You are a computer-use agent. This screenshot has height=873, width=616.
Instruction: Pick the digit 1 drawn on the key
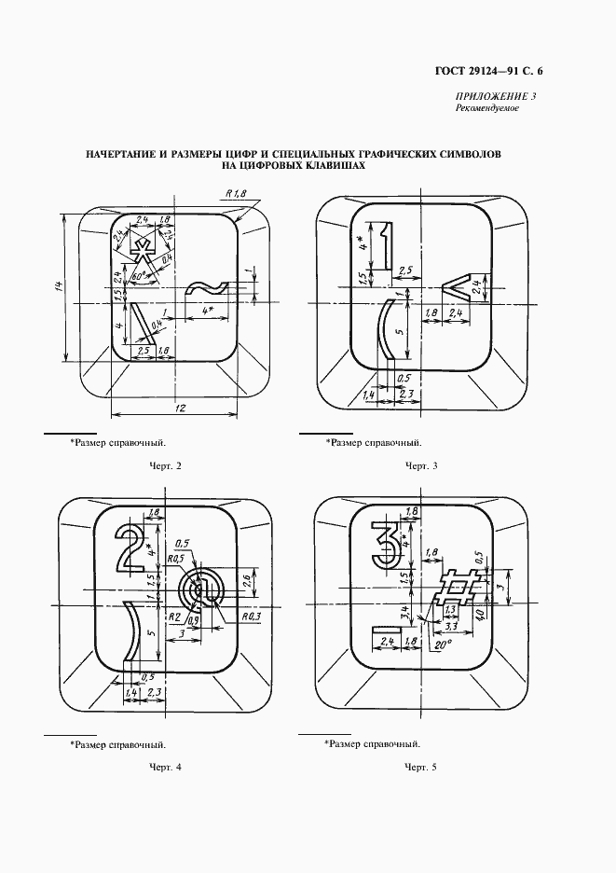379,245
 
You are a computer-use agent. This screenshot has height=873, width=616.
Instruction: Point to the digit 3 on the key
383,547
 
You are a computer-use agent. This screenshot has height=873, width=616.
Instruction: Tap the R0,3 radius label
250,617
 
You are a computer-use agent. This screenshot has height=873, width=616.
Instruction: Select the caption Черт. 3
421,464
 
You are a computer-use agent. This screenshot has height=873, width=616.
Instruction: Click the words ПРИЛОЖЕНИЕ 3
496,96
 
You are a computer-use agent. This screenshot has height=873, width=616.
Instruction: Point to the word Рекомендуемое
486,108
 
